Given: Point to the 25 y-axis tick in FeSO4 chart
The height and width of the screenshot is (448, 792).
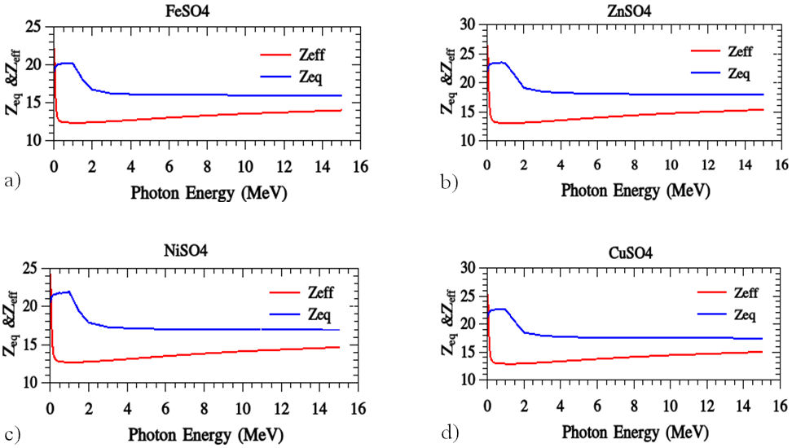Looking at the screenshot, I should pyautogui.click(x=34, y=28).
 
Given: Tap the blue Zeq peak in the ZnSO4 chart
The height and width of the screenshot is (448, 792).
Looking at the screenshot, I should pyautogui.click(x=503, y=62).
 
